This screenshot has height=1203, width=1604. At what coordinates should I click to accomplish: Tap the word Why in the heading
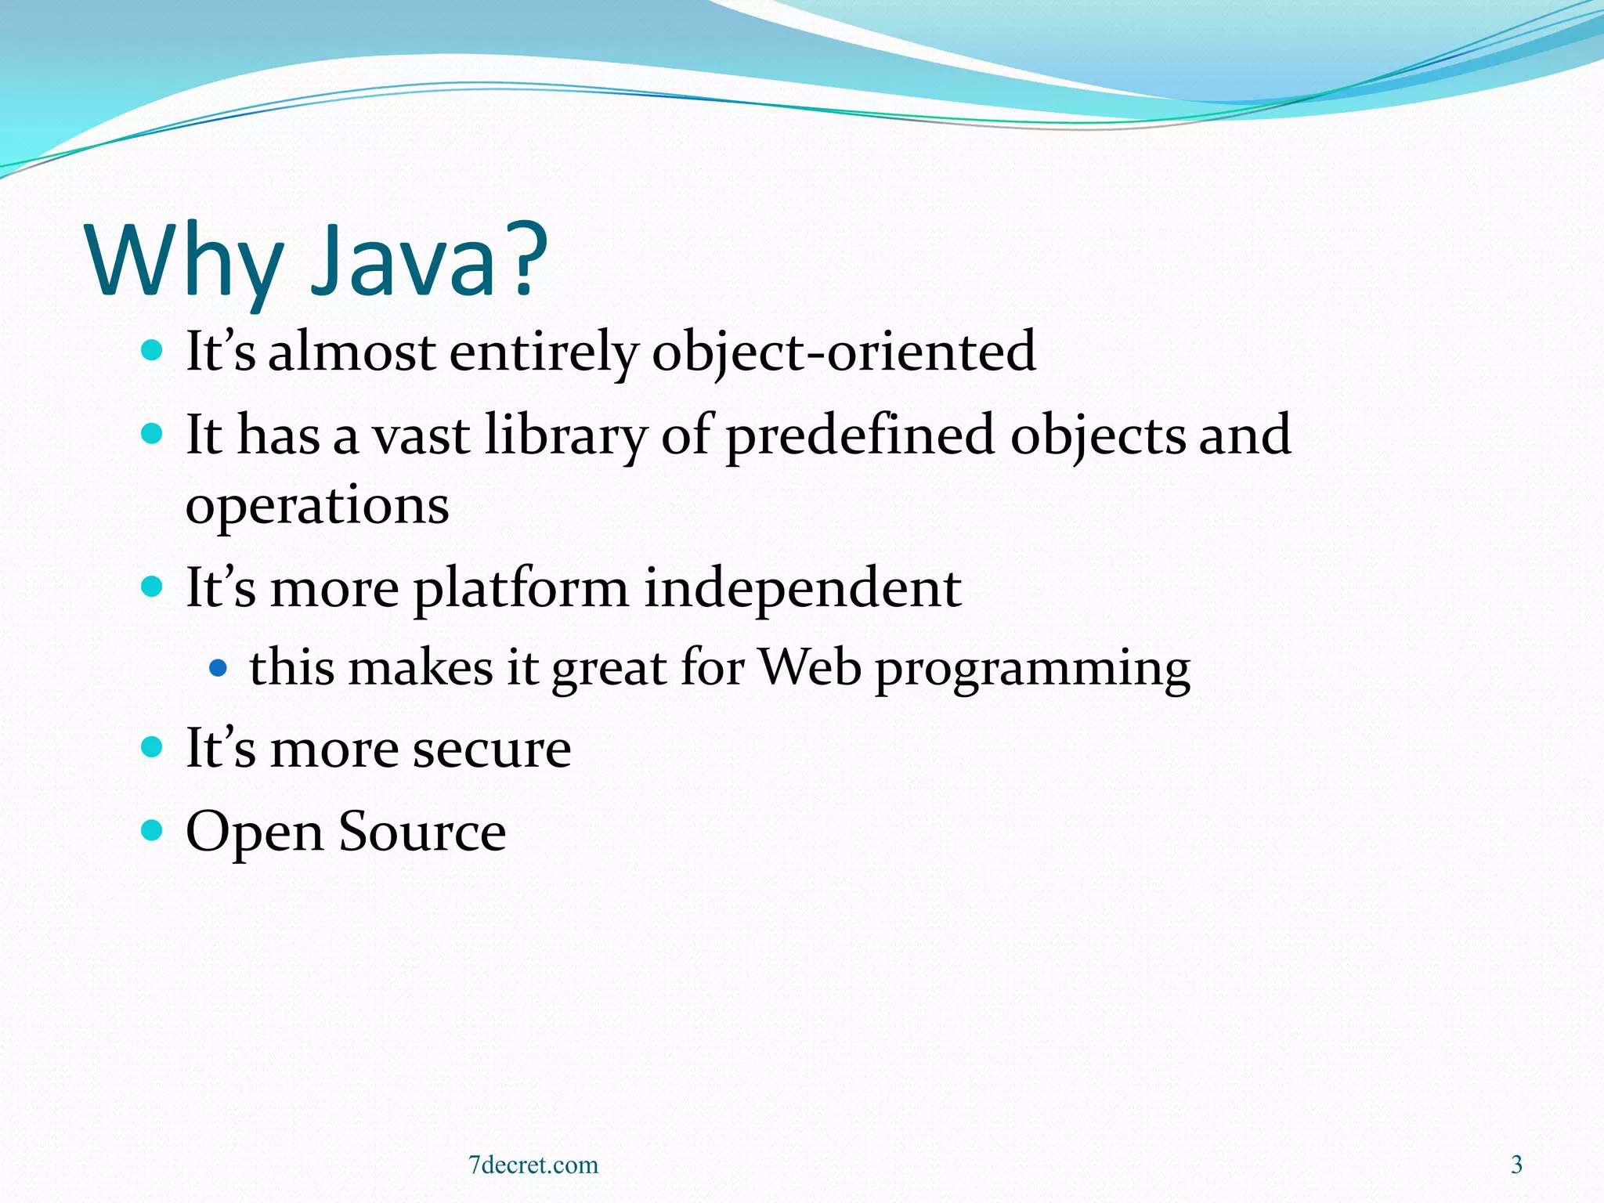click(x=185, y=262)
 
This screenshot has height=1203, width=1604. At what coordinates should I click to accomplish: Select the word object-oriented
click(x=844, y=352)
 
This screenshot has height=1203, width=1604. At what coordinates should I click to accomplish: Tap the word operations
click(x=317, y=506)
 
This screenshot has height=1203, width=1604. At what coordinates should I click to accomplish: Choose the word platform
click(x=521, y=589)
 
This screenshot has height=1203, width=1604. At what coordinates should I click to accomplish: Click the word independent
click(x=802, y=589)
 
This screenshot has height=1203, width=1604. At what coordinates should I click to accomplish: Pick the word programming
click(x=1032, y=670)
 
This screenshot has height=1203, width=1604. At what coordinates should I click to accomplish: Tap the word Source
click(x=422, y=832)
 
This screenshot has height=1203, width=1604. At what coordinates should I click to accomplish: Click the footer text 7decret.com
click(x=533, y=1165)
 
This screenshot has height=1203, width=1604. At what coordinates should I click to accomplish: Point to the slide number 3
click(x=1516, y=1165)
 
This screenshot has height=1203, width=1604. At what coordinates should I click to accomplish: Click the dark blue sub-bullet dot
click(x=219, y=668)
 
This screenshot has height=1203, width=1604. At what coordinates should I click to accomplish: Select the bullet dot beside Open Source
click(x=152, y=829)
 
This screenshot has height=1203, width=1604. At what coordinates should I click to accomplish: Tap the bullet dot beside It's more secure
click(x=152, y=746)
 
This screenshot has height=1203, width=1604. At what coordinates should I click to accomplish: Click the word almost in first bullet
click(x=352, y=352)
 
